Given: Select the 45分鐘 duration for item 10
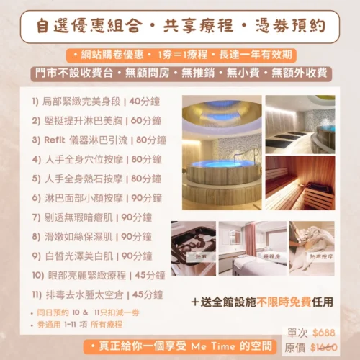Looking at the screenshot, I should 149,274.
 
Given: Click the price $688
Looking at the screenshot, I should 324,333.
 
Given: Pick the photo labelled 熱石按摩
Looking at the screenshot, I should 311,249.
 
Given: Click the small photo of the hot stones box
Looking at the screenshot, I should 193,249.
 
